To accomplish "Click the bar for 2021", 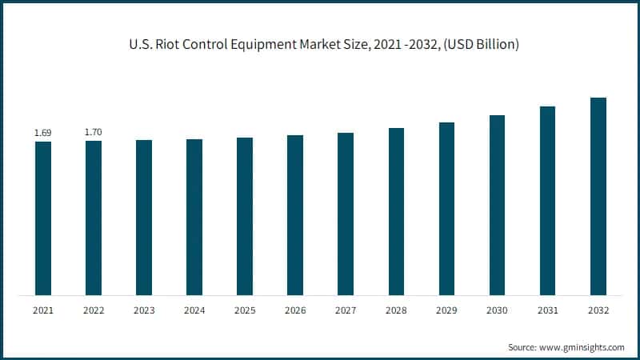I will pyautogui.click(x=43, y=218).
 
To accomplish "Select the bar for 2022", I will pyautogui.click(x=94, y=218).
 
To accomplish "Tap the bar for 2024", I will pyautogui.click(x=194, y=217).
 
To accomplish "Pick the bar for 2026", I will pyautogui.click(x=295, y=215).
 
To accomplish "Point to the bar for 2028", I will pyautogui.click(x=396, y=211).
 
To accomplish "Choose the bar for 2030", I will pyautogui.click(x=497, y=205).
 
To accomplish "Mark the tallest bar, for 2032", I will pyautogui.click(x=598, y=196).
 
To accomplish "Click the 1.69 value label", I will pyautogui.click(x=43, y=132).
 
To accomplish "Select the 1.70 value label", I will pyautogui.click(x=94, y=131).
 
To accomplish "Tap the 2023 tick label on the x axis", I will pyautogui.click(x=144, y=309).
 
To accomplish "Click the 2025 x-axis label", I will pyautogui.click(x=245, y=309).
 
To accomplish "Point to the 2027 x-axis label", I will pyautogui.click(x=346, y=309).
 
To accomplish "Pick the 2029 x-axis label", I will pyautogui.click(x=446, y=309).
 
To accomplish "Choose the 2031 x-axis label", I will pyautogui.click(x=547, y=309).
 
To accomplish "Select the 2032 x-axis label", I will pyautogui.click(x=598, y=309).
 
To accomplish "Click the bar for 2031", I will pyautogui.click(x=547, y=200).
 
